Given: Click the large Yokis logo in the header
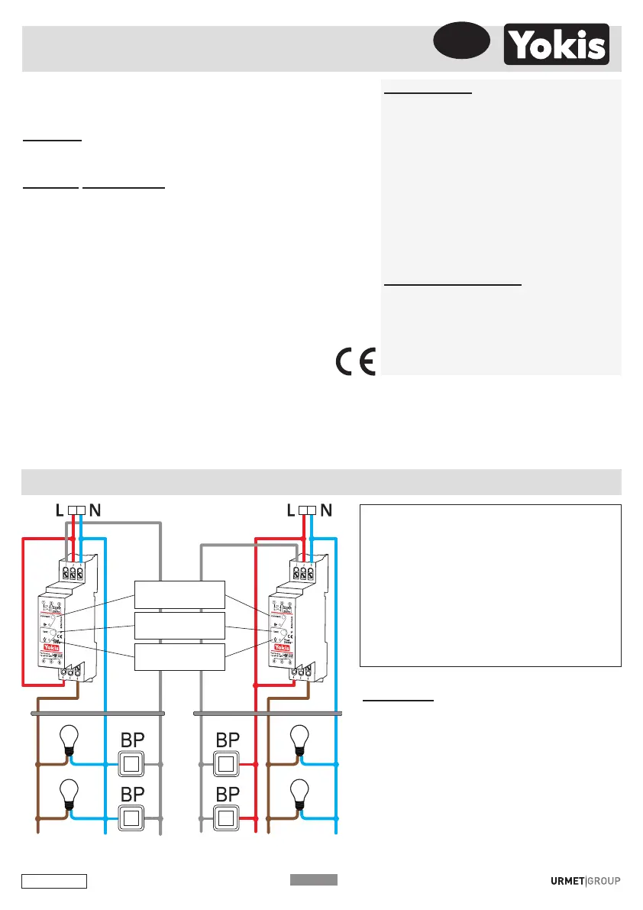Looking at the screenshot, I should tap(556, 44).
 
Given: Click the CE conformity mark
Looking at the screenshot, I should tap(354, 361).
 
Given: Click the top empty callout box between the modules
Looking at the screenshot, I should tap(179, 594).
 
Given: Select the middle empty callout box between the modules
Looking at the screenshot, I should tap(179, 626).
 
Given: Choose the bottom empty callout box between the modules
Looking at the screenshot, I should tap(179, 657).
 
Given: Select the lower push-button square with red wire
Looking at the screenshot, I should tap(226, 817).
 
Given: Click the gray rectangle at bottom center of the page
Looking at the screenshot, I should tap(313, 879).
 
